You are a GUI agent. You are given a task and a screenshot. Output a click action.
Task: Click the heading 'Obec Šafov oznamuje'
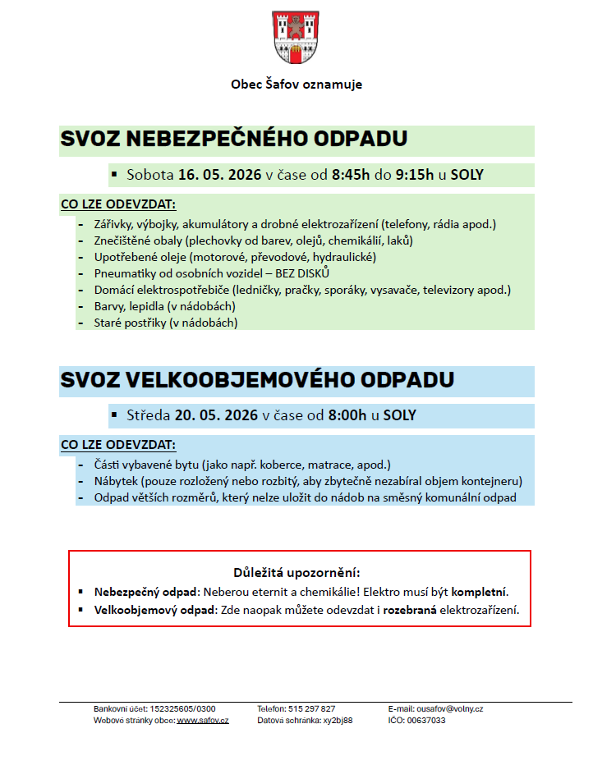[x=296, y=85]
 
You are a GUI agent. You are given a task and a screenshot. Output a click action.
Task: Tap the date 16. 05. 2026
[x=219, y=175]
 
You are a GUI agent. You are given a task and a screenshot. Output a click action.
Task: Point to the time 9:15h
[x=416, y=175]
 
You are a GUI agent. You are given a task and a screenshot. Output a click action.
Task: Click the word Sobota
[x=150, y=175]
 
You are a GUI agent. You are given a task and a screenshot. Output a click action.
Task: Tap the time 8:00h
[x=347, y=415]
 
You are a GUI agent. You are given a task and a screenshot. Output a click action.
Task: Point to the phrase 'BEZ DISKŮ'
[x=303, y=273]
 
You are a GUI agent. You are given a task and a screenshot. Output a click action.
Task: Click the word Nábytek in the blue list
[x=117, y=481]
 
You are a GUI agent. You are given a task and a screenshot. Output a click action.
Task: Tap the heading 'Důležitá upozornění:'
[x=296, y=572]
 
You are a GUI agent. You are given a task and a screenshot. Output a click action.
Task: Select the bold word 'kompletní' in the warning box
[x=480, y=591]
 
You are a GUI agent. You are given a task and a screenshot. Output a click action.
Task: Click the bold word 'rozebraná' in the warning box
[x=409, y=610]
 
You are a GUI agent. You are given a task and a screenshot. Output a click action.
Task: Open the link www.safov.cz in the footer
[x=202, y=720]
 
